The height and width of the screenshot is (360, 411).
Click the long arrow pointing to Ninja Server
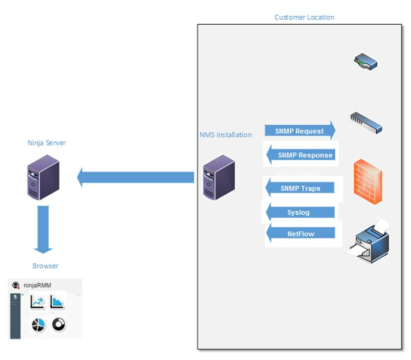coord(135,177)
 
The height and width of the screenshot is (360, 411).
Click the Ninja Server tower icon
coord(43,177)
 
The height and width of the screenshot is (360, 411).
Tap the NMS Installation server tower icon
coord(219,177)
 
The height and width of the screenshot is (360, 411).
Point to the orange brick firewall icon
coord(368,181)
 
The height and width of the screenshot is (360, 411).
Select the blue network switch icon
coord(366,122)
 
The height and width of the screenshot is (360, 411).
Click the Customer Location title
coord(304,17)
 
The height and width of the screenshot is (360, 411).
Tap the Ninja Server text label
coord(46,143)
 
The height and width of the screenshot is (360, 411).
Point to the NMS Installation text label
coord(226,135)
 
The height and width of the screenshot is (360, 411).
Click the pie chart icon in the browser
coord(38,325)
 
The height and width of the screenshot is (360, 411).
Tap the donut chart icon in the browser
coord(58,325)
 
